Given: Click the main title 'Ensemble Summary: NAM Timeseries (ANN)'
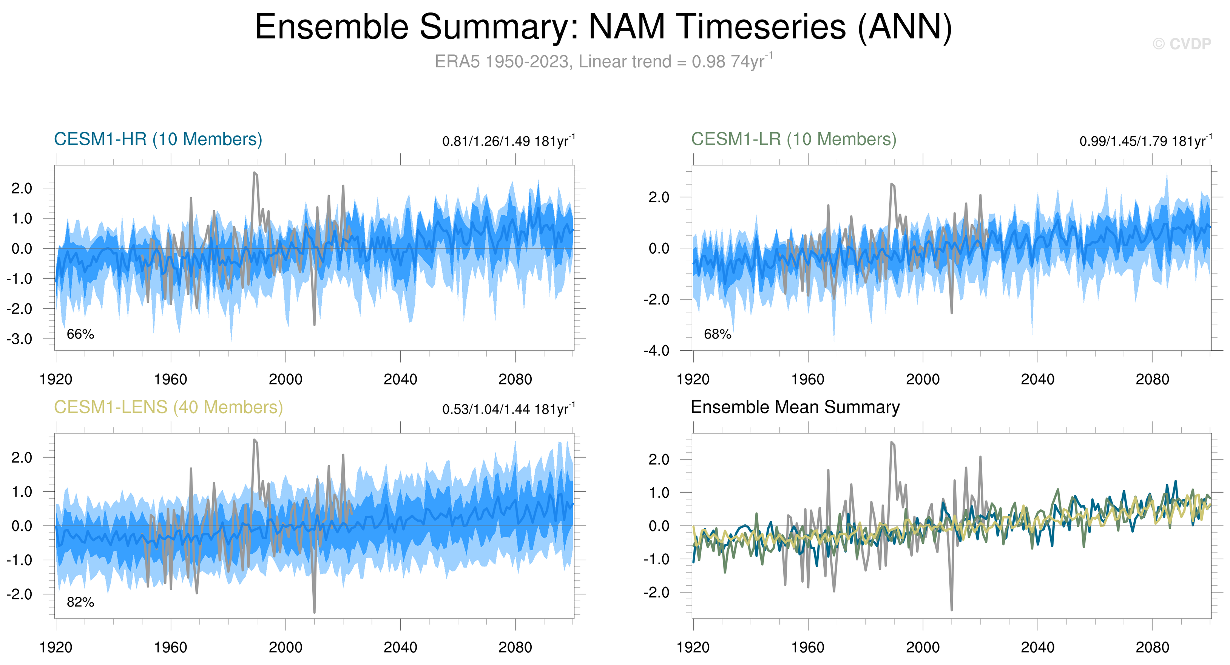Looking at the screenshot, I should pyautogui.click(x=603, y=27).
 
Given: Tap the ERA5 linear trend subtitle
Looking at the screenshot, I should pyautogui.click(x=603, y=62).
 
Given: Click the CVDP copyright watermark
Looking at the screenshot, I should pyautogui.click(x=1181, y=44).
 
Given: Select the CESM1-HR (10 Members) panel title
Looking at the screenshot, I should pyautogui.click(x=158, y=139).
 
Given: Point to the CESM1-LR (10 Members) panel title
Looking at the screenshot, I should pyautogui.click(x=793, y=139).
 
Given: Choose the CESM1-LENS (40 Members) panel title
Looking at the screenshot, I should pyautogui.click(x=168, y=407).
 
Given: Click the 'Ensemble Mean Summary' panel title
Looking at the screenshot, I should pyautogui.click(x=795, y=407).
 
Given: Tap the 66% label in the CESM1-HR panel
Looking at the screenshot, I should pyautogui.click(x=80, y=334).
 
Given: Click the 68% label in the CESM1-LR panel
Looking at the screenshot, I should pyautogui.click(x=718, y=334).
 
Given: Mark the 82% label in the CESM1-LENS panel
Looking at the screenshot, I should pyautogui.click(x=80, y=602).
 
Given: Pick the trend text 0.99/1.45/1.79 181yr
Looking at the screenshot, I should pyautogui.click(x=1145, y=141).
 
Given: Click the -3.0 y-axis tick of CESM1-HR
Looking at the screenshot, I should pyautogui.click(x=20, y=339).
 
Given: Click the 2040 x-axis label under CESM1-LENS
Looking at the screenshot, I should pyautogui.click(x=400, y=647).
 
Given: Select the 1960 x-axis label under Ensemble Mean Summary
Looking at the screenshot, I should pyautogui.click(x=807, y=647).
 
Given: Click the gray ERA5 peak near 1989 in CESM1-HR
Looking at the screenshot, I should pyautogui.click(x=255, y=173).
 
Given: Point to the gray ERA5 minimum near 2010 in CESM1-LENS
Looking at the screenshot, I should pyautogui.click(x=314, y=611).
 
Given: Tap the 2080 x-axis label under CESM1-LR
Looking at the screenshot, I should pyautogui.click(x=1152, y=380).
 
